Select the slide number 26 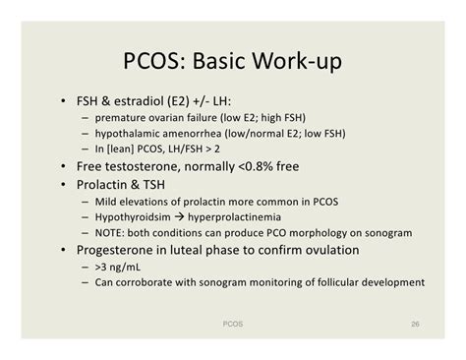[x=416, y=321]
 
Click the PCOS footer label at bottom [x=233, y=321]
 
